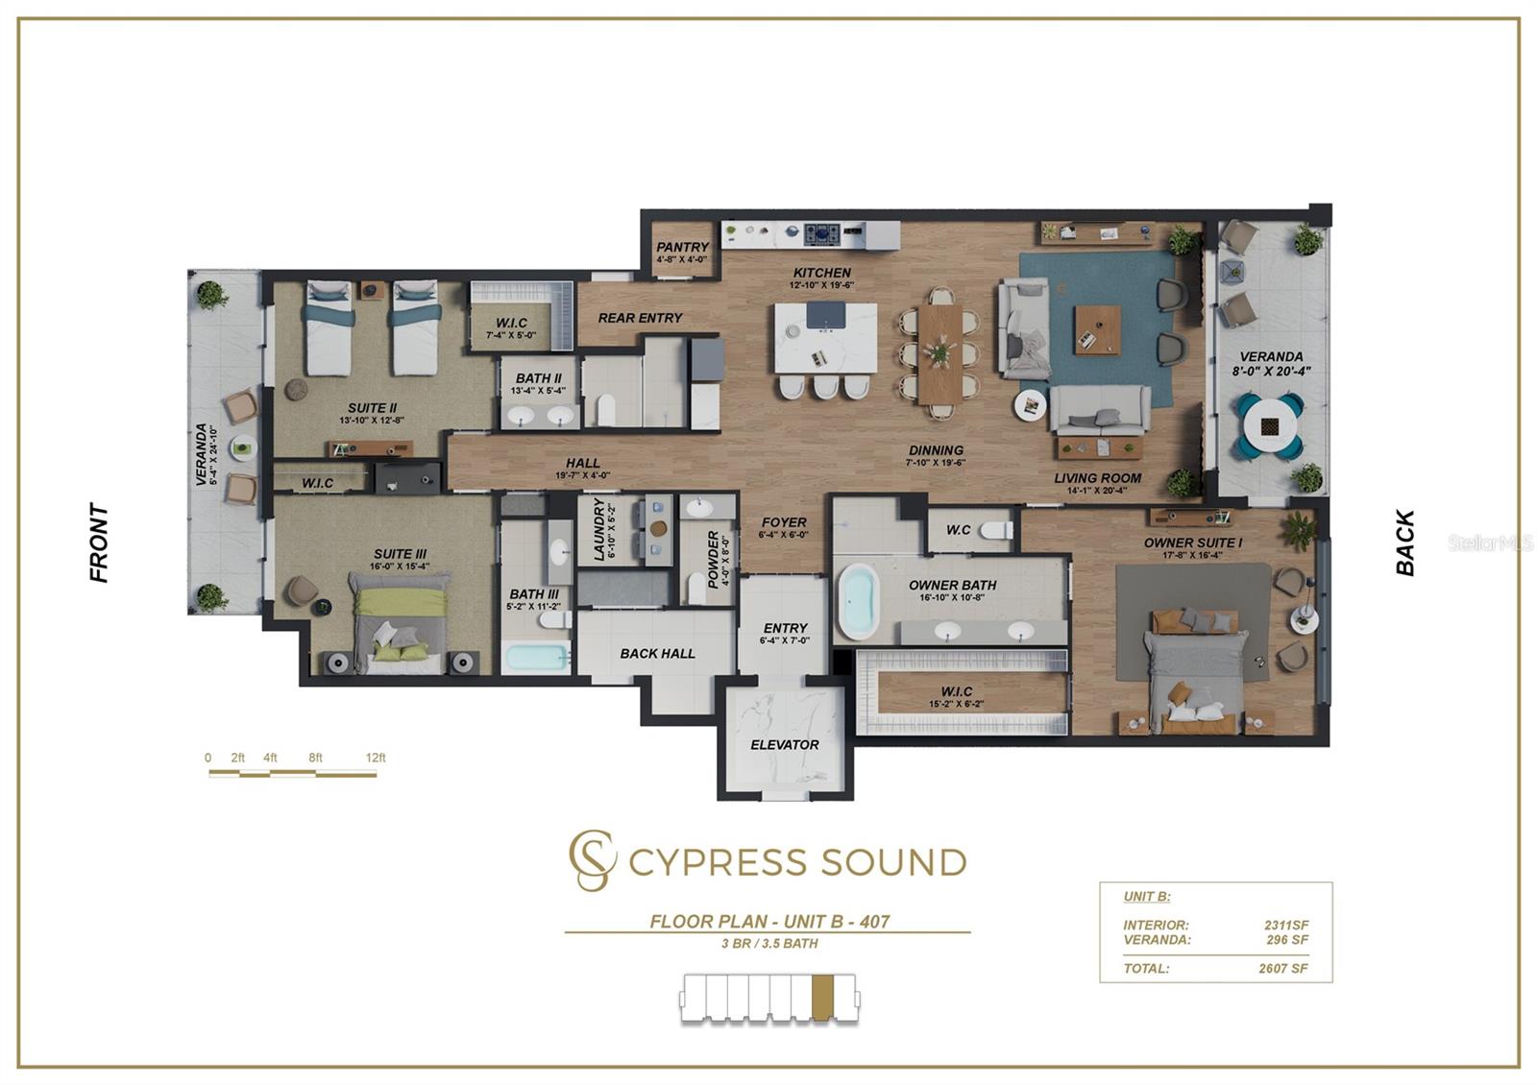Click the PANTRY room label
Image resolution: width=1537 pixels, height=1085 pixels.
(682, 248)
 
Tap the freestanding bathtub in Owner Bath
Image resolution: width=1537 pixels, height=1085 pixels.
(858, 602)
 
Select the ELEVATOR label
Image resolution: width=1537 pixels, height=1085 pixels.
(785, 745)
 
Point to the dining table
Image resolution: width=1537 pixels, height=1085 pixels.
(939, 354)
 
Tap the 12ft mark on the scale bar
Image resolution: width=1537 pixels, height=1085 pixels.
(376, 759)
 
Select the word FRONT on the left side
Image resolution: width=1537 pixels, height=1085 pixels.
(99, 542)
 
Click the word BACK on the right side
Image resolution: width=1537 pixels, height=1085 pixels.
(1405, 542)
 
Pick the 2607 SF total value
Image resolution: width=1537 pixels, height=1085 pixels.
(1283, 969)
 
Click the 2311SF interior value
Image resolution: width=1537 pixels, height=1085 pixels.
(1286, 926)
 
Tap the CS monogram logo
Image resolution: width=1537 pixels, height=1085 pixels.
(590, 860)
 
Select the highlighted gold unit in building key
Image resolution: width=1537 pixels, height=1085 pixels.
(821, 997)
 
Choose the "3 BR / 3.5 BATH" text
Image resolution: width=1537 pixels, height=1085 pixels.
(769, 944)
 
